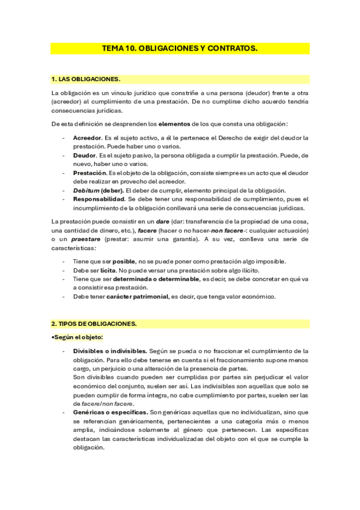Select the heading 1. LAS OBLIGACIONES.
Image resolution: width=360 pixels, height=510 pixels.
(x=86, y=79)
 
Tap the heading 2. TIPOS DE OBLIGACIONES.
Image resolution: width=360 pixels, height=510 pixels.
(x=94, y=324)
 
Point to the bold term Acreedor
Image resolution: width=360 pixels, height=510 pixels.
(x=87, y=138)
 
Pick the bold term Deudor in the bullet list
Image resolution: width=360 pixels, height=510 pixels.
(x=85, y=155)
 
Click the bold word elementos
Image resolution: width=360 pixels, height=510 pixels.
(x=174, y=124)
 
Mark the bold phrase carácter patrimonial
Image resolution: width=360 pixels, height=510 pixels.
(x=136, y=296)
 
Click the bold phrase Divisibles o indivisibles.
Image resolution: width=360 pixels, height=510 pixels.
(x=110, y=351)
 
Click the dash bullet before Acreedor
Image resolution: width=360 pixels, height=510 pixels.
(x=64, y=138)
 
